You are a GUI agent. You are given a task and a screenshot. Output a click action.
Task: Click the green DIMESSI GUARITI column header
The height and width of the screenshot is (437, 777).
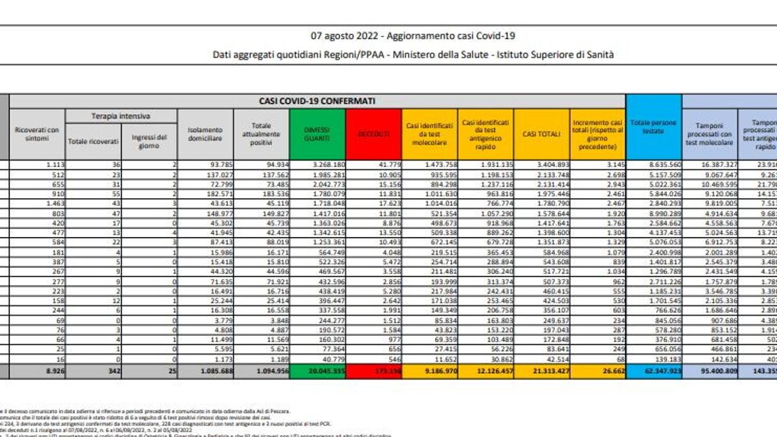tap(318, 134)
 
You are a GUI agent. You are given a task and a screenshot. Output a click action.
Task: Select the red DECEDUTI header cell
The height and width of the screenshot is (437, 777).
tap(374, 134)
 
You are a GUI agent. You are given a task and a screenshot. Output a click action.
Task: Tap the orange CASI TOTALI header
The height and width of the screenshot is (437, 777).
tap(541, 134)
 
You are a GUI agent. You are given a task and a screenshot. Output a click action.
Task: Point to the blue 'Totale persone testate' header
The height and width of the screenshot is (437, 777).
tap(653, 126)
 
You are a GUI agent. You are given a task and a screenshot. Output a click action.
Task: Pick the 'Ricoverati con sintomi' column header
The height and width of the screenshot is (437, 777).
tap(36, 134)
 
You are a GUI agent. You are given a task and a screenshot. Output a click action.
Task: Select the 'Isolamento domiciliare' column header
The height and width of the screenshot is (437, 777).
tap(205, 134)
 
